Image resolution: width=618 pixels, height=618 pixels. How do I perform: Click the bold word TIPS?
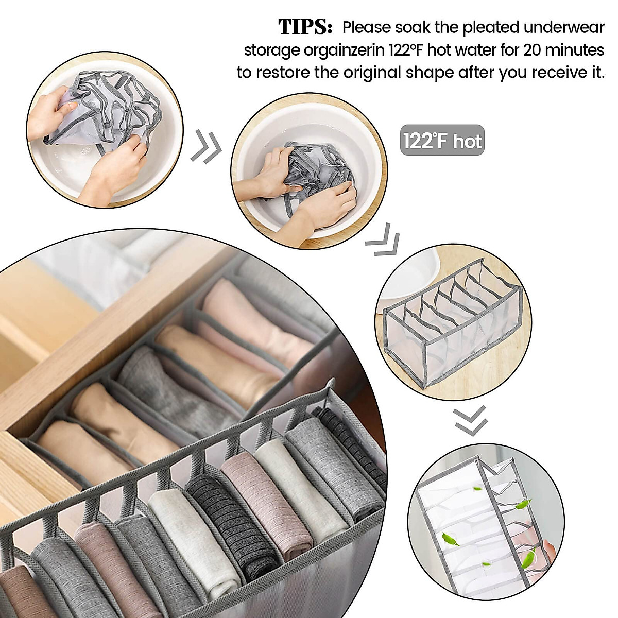click(305, 27)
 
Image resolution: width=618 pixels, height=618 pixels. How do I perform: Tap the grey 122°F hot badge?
click(442, 140)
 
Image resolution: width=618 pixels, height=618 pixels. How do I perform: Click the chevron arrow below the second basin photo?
click(382, 240)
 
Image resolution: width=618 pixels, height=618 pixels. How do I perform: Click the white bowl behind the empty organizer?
click(412, 274)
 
